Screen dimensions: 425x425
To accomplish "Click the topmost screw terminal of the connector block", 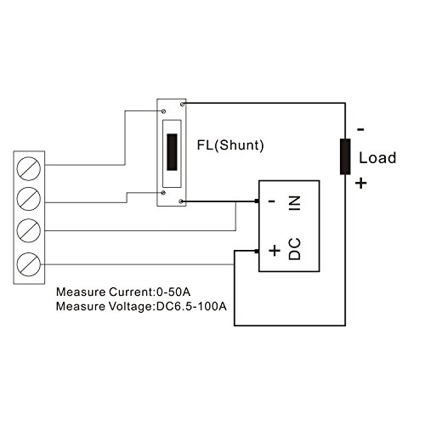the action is click(29, 168).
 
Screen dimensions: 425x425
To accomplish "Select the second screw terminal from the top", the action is click(29, 199).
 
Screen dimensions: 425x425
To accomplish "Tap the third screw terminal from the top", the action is click(29, 230).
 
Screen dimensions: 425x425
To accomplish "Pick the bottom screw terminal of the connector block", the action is click(29, 264).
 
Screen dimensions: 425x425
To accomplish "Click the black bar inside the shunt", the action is click(172, 152).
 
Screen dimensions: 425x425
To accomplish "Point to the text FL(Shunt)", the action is click(230, 145).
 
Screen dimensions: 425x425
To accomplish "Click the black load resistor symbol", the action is click(345, 156).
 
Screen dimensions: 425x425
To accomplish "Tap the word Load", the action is click(377, 158).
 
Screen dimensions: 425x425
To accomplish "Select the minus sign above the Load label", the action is click(360, 130).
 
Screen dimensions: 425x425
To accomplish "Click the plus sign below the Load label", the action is click(361, 183).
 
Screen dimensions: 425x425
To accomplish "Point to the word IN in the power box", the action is click(295, 203).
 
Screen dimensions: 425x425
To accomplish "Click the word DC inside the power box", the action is click(295, 249).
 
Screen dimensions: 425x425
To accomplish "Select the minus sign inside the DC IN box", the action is click(272, 201).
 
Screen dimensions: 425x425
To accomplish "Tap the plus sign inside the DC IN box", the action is click(275, 251).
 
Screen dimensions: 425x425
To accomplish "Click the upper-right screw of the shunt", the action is click(183, 105).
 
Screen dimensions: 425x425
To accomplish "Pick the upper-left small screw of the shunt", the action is click(163, 111).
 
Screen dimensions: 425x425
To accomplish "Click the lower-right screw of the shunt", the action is click(181, 201).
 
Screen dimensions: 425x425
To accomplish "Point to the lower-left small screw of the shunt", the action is click(163, 193).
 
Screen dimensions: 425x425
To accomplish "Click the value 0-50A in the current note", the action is click(173, 292).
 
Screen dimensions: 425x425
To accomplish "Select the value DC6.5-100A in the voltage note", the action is click(191, 306).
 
